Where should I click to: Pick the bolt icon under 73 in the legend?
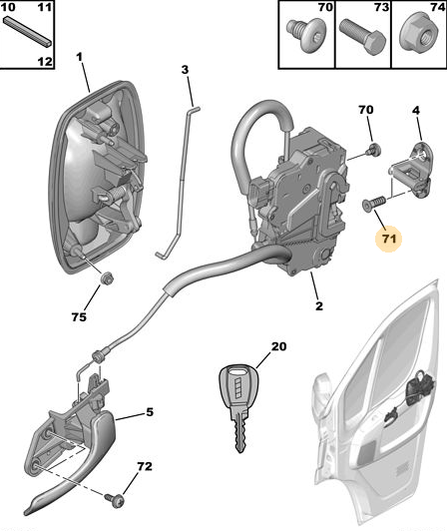[360, 41]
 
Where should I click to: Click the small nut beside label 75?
[109, 278]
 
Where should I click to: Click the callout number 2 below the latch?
[318, 306]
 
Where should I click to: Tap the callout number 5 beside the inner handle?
[150, 412]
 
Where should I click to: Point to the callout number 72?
[145, 467]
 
